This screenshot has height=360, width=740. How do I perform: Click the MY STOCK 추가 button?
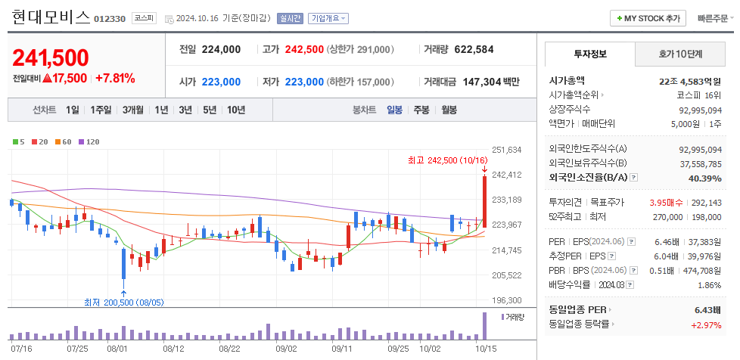point(648,18)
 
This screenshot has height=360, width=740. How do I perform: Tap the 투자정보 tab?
point(590,54)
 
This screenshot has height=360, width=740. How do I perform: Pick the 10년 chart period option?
point(235,110)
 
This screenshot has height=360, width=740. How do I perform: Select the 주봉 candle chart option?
point(421,110)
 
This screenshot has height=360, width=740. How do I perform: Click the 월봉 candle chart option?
point(449,110)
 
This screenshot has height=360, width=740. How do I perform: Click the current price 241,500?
point(51,57)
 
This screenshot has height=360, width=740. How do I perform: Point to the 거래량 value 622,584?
point(474,49)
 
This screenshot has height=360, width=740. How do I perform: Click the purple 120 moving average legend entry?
point(89,141)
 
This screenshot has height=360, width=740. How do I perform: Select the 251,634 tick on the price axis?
point(506,150)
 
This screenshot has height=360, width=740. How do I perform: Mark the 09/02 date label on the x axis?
point(286,349)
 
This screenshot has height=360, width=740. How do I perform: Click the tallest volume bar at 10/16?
point(484,326)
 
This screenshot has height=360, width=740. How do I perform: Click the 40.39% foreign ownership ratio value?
point(704,178)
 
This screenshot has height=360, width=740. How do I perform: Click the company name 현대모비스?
point(51,17)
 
